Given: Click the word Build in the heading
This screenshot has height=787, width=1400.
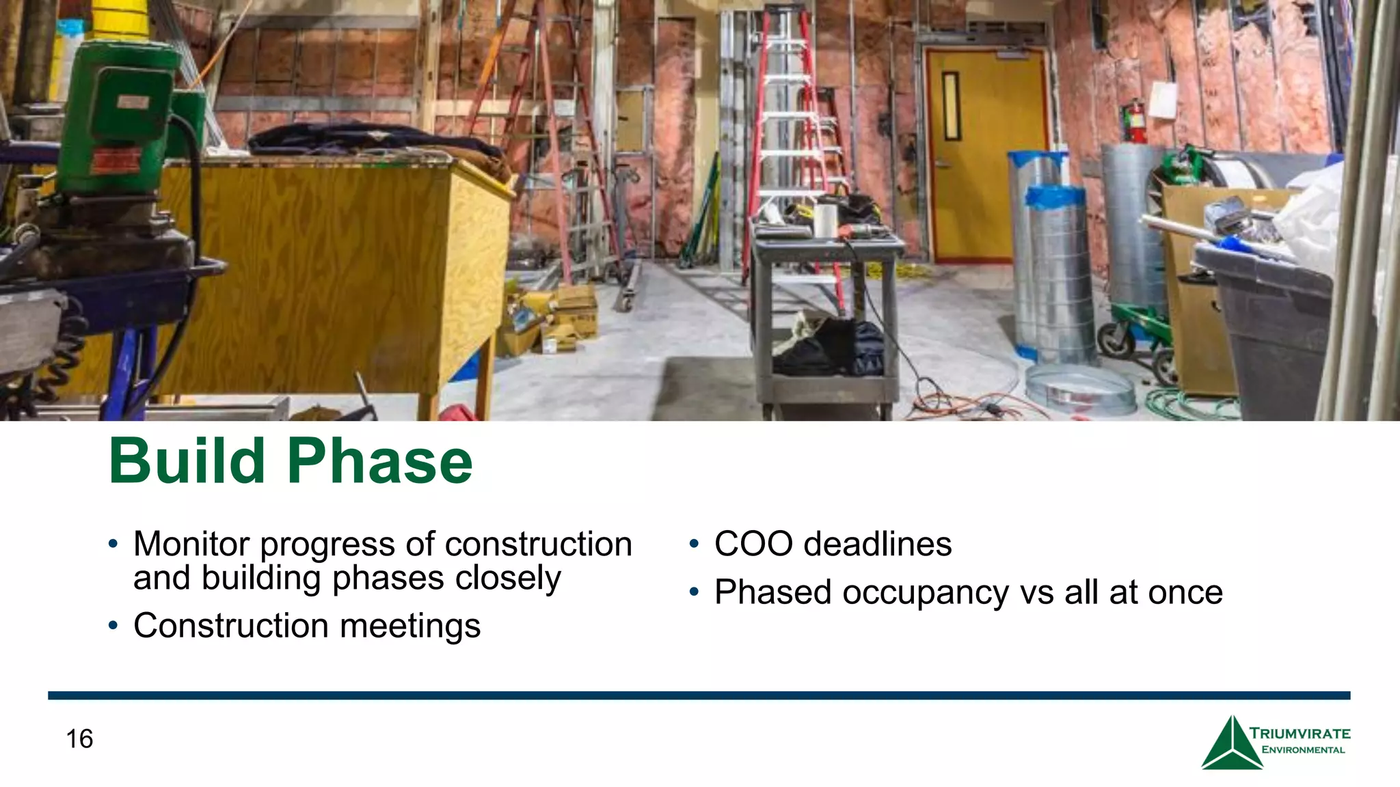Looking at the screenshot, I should pyautogui.click(x=187, y=461).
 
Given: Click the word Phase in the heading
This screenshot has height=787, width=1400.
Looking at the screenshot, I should pyautogui.click(x=380, y=461).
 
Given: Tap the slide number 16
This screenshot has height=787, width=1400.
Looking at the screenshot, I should pyautogui.click(x=79, y=738).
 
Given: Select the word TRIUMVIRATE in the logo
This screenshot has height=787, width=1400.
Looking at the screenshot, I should pyautogui.click(x=1300, y=734).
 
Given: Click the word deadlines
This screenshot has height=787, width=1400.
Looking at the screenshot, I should pyautogui.click(x=878, y=544).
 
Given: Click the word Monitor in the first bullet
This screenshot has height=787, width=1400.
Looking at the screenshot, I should pyautogui.click(x=191, y=544).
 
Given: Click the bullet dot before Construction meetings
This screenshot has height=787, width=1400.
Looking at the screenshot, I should pyautogui.click(x=113, y=626).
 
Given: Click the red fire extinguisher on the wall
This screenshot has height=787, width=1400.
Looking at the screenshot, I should pyautogui.click(x=1135, y=122).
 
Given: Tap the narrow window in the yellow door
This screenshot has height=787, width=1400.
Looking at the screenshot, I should pyautogui.click(x=951, y=106).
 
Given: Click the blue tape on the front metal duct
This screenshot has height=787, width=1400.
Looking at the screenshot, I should pyautogui.click(x=1055, y=196).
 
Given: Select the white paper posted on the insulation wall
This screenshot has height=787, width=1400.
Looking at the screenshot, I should pyautogui.click(x=1163, y=100).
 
